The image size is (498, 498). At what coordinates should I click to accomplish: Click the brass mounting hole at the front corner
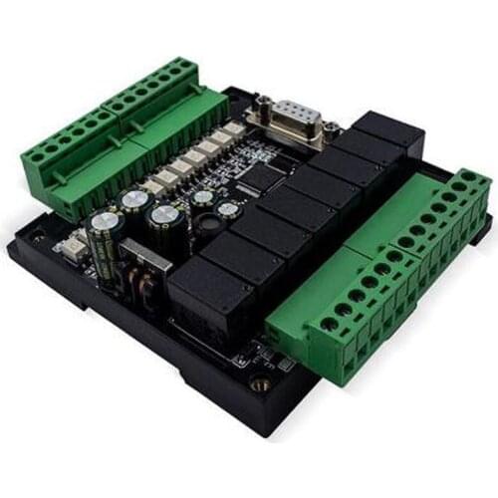[261, 382]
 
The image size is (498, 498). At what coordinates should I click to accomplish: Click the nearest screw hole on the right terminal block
[329, 324]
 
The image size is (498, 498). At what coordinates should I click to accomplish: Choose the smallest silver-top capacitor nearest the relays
[228, 210]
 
